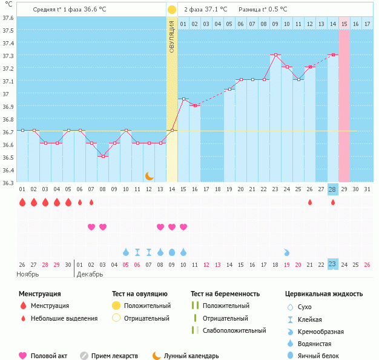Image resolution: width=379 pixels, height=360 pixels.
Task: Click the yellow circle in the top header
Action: coord(172,10)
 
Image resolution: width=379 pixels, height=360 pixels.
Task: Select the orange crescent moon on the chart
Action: coord(149,175)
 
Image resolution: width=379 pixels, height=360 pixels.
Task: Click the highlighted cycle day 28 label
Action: coord(332,189)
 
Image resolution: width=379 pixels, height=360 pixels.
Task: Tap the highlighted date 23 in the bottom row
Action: coord(332,264)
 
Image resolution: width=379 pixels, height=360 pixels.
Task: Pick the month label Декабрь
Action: coord(91,274)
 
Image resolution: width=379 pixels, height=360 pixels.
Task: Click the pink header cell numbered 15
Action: coord(344,24)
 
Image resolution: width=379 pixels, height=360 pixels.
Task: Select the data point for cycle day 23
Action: coord(275,54)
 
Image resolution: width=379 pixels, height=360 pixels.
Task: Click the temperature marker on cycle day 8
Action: coord(103,156)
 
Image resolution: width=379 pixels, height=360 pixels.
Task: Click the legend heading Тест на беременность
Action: coord(225,293)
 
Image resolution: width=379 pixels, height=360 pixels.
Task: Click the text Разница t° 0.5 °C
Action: coord(263,10)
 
